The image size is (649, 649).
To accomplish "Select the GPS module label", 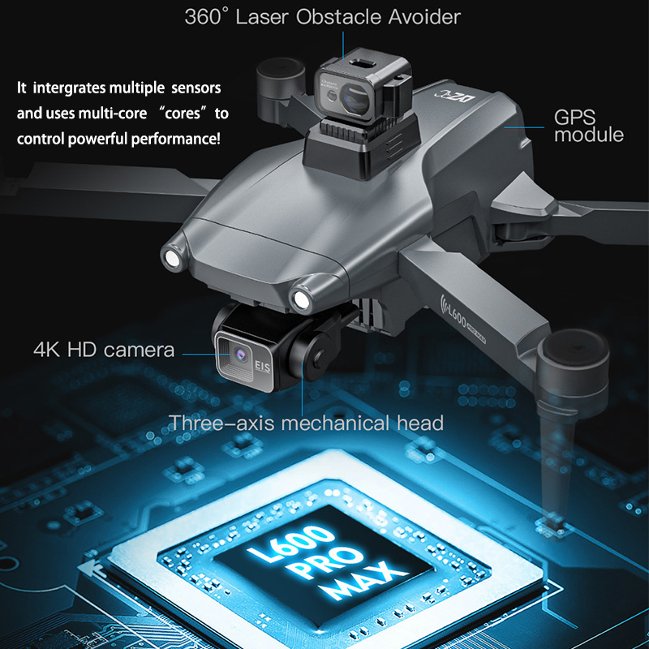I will [x=588, y=126].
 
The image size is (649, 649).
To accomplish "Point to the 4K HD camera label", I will [x=104, y=350].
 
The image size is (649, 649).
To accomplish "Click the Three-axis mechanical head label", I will [x=306, y=423].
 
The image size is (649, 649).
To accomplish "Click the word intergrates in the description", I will [x=74, y=87].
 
